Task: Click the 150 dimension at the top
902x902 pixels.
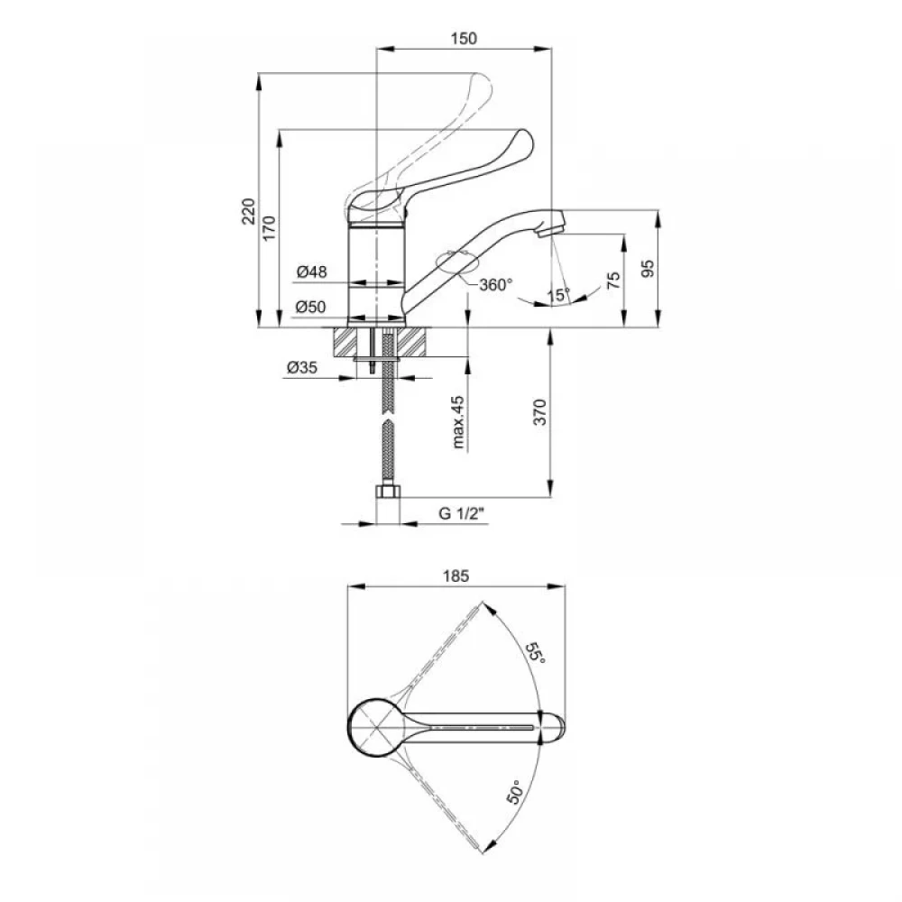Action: point(464,38)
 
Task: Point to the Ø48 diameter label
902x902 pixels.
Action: point(312,272)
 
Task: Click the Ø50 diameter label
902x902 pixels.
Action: point(310,307)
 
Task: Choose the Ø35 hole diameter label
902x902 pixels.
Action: point(302,367)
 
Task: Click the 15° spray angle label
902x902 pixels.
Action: point(558,295)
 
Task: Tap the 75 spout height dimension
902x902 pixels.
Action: point(613,281)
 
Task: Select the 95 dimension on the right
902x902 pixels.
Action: point(648,269)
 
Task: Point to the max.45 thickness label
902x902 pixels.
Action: point(458,422)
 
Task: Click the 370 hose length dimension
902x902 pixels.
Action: point(539,411)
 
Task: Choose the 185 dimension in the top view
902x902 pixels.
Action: point(456,575)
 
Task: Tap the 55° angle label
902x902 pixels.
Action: point(535,652)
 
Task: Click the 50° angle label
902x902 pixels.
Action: point(515,792)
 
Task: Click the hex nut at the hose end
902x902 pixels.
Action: point(388,492)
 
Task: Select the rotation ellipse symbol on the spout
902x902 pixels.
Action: point(458,262)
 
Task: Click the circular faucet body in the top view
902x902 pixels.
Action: point(376,728)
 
